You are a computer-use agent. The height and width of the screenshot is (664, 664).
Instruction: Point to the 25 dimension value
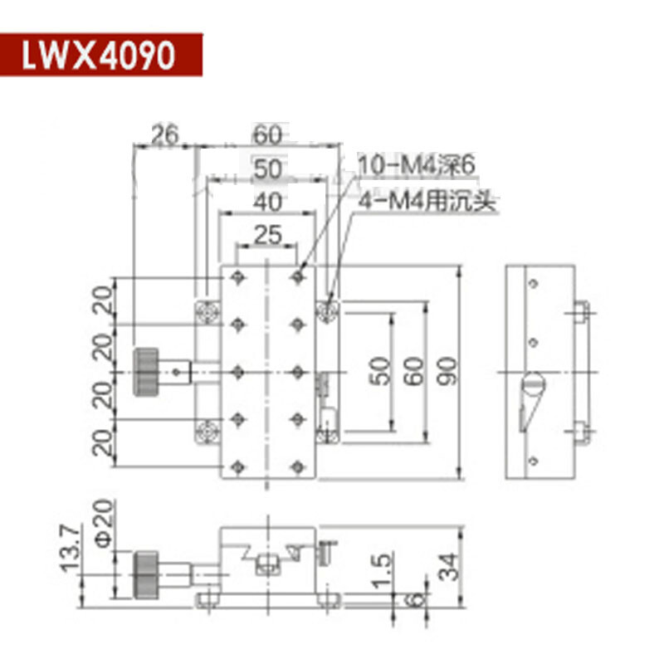tap(266, 235)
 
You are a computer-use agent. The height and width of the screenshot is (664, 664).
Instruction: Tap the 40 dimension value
tap(266, 201)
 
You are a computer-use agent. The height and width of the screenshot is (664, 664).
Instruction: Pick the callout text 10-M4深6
tap(415, 166)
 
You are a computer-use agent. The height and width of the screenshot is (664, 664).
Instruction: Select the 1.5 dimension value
tap(381, 571)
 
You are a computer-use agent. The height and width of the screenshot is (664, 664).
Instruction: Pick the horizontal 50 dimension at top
tap(266, 168)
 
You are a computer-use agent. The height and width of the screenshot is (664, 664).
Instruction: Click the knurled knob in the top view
tap(148, 371)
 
